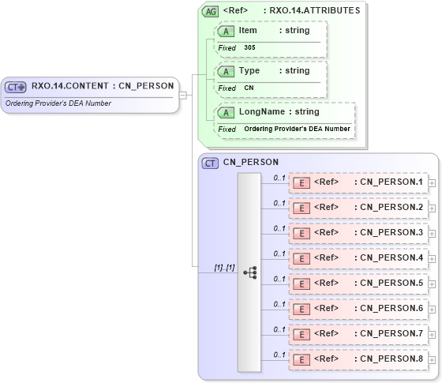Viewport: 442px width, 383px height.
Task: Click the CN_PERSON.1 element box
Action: [358, 182]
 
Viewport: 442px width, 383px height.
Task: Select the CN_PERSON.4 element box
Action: [358, 258]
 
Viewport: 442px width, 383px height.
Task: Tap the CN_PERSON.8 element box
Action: [358, 359]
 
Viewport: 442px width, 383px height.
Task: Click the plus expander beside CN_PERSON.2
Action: [432, 208]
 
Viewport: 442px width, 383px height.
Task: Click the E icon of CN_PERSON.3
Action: [301, 233]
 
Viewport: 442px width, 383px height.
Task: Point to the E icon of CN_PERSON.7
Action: [301, 334]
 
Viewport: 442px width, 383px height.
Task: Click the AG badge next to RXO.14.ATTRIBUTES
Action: [211, 11]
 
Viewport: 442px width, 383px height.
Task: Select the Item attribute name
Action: [248, 30]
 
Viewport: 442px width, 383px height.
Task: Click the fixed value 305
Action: [249, 47]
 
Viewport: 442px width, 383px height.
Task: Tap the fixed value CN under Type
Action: [249, 88]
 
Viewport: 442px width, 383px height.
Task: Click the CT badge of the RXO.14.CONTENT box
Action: [16, 87]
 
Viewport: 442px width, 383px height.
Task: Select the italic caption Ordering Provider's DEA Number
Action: [58, 103]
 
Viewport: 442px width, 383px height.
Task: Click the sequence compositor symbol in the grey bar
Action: [249, 272]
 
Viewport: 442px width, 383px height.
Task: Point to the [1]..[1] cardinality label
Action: [224, 268]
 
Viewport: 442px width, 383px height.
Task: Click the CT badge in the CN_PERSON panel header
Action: [211, 163]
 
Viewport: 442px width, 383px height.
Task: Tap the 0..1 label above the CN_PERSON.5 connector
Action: [279, 279]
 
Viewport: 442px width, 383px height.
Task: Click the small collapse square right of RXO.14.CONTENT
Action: [182, 96]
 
